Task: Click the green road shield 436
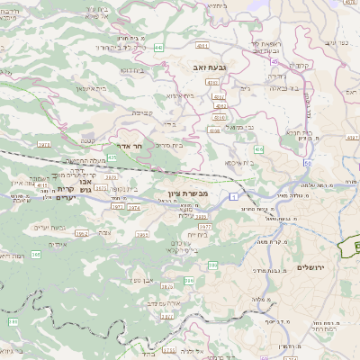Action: coord(259,148)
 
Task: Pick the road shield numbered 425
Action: coord(112,157)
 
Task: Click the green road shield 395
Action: coord(188,281)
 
